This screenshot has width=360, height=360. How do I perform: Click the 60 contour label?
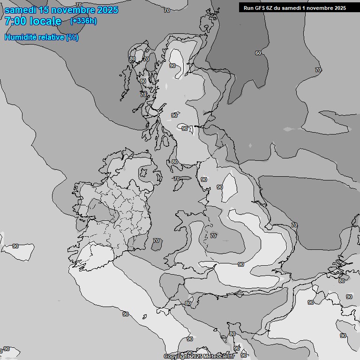click(258, 53)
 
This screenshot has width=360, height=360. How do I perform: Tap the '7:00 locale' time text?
click(33, 21)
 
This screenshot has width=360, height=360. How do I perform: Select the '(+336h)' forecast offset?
click(83, 21)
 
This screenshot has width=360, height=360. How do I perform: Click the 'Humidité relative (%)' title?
click(42, 37)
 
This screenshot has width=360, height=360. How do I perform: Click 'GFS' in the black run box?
click(262, 7)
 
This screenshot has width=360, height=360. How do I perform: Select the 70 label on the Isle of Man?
click(177, 179)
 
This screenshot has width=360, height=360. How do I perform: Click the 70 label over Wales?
click(213, 236)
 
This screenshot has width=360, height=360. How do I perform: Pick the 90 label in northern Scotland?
click(172, 66)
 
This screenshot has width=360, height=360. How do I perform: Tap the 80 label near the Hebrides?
click(143, 81)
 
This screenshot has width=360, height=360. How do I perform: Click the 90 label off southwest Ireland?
click(15, 246)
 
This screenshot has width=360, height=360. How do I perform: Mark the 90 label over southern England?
click(241, 264)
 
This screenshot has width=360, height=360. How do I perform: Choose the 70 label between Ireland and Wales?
click(156, 240)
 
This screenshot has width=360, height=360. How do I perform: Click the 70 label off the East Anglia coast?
click(294, 225)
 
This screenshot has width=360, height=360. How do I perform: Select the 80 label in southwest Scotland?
click(175, 162)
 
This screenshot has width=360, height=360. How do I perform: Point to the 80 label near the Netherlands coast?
click(342, 280)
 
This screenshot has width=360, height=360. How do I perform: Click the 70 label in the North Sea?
click(318, 70)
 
